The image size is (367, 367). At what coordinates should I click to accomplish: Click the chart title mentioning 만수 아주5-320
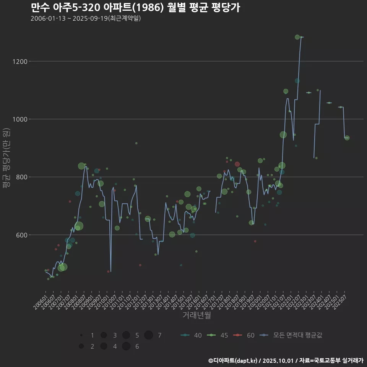tap(135, 7)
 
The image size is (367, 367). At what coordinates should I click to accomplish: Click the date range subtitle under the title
tap(86, 18)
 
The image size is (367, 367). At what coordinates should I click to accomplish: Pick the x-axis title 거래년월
tap(196, 315)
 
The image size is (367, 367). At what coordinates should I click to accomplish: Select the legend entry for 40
tap(191, 335)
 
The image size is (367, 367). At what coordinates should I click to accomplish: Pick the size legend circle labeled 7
tap(149, 335)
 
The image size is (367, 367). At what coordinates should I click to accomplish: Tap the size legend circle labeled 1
tap(81, 335)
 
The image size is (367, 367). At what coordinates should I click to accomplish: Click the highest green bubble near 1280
tap(297, 37)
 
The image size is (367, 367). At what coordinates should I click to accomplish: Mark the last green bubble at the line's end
tap(347, 138)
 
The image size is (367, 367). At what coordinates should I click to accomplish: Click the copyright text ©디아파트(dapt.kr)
tap(233, 361)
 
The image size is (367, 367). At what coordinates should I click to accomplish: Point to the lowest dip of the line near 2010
tap(111, 271)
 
